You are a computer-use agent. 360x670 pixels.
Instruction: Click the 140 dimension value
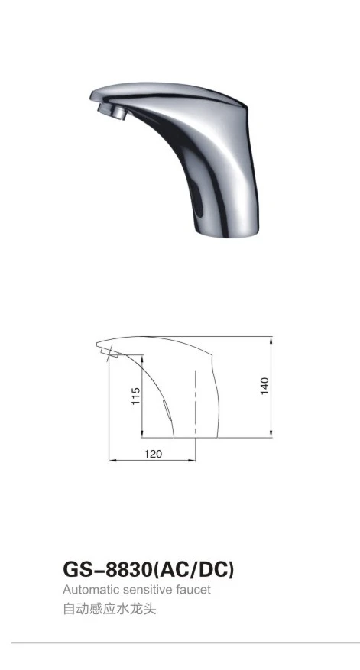pyautogui.click(x=265, y=386)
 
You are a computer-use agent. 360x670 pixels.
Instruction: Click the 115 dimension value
pyautogui.click(x=136, y=396)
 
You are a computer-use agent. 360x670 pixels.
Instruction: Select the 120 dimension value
pyautogui.click(x=153, y=454)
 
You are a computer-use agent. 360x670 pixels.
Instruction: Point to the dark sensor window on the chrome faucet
pyautogui.click(x=197, y=202)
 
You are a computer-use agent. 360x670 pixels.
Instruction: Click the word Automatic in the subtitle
pyautogui.click(x=91, y=590)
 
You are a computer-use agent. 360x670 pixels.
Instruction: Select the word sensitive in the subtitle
pyautogui.click(x=149, y=590)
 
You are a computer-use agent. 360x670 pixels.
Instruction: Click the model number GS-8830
pyautogui.click(x=107, y=570)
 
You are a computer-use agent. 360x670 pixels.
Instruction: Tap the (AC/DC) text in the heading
pyautogui.click(x=193, y=570)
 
